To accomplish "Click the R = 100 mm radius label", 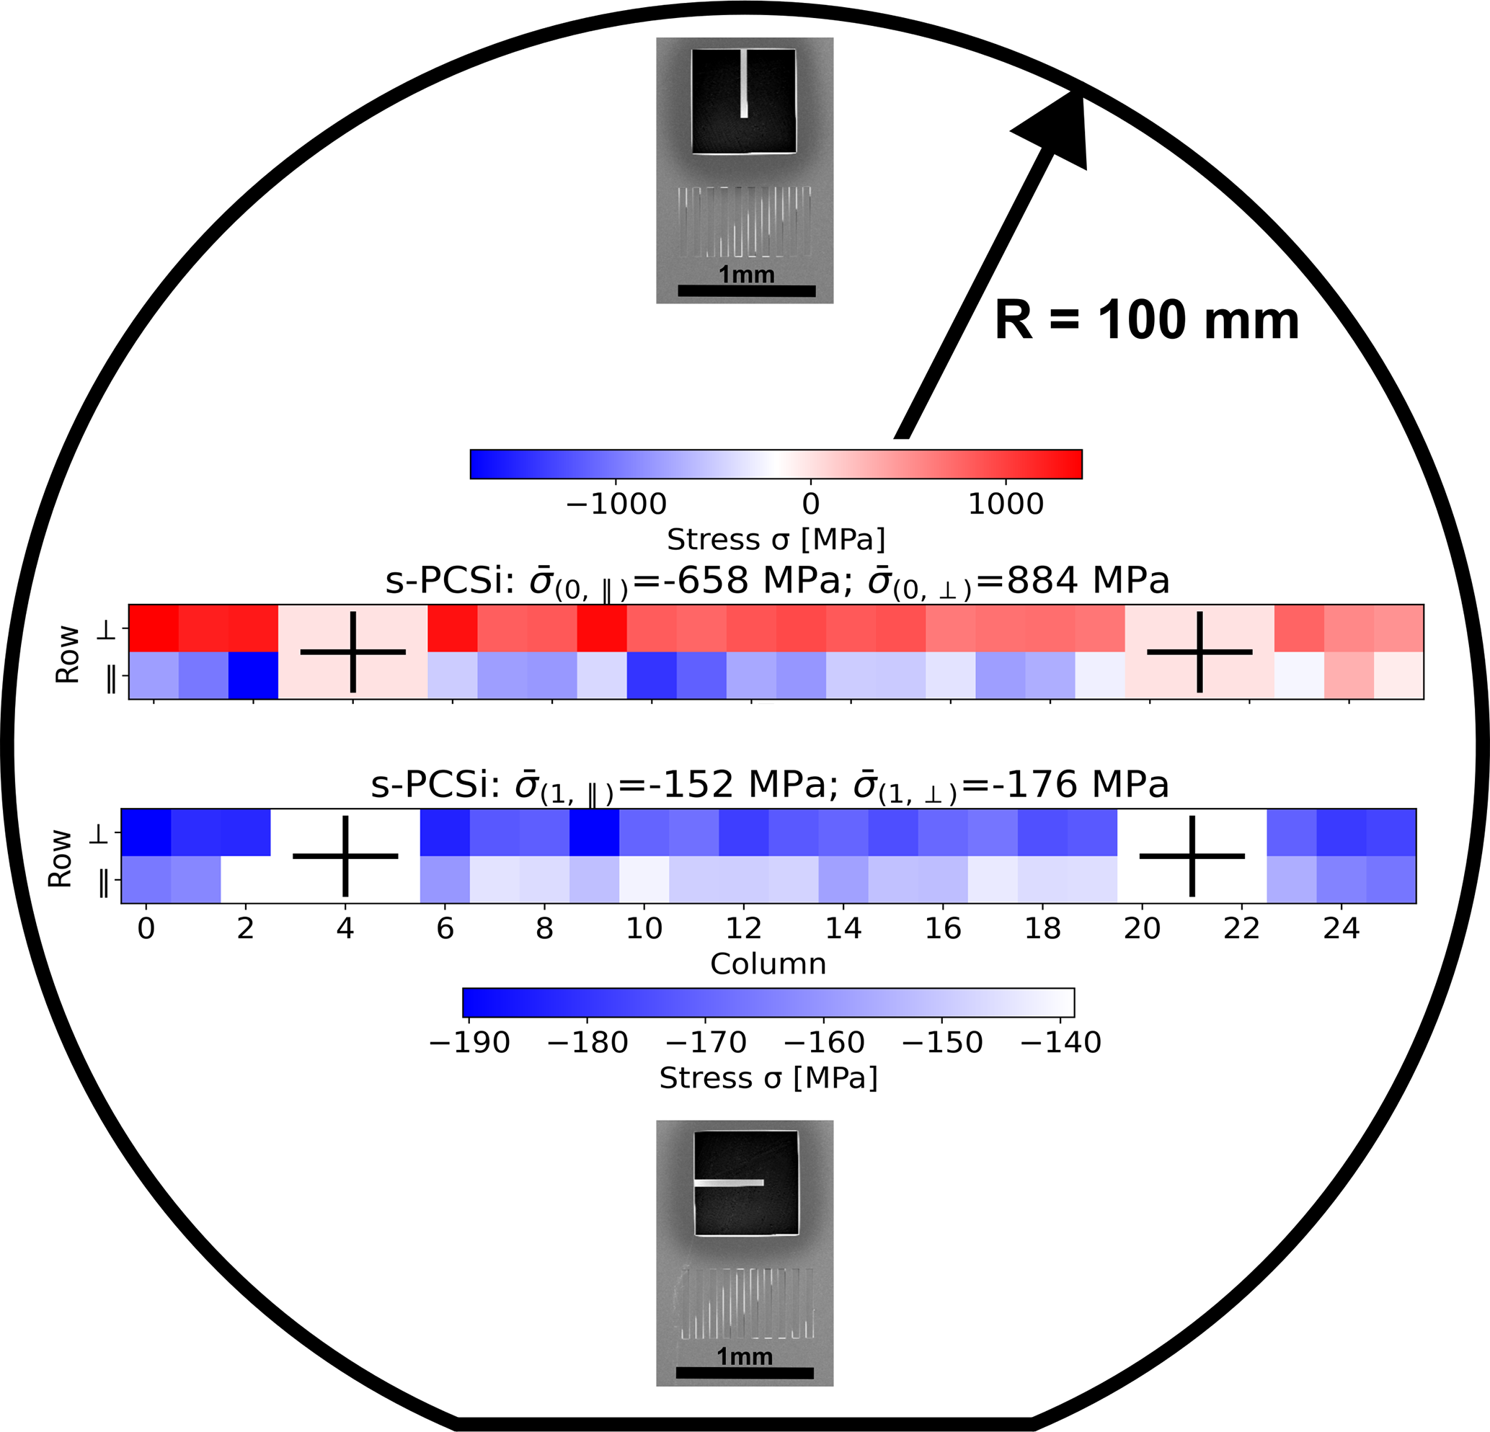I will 1146,321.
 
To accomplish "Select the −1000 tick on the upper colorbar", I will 616,504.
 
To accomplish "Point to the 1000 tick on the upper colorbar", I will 1005,504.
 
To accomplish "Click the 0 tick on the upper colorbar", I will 810,504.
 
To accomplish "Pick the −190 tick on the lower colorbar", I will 469,1042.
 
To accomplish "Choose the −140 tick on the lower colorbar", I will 1060,1042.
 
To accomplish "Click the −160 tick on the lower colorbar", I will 824,1042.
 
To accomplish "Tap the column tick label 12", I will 742,928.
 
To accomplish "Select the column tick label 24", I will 1341,928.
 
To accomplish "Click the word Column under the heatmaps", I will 768,964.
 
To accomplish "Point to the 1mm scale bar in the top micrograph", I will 746,290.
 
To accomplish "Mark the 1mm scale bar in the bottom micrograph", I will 744,1373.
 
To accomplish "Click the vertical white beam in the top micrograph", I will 744,84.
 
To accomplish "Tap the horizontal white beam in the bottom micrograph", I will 728,1183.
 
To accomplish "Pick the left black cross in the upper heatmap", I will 352,651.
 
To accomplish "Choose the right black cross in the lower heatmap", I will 1192,856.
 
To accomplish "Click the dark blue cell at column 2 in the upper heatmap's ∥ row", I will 253,675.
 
